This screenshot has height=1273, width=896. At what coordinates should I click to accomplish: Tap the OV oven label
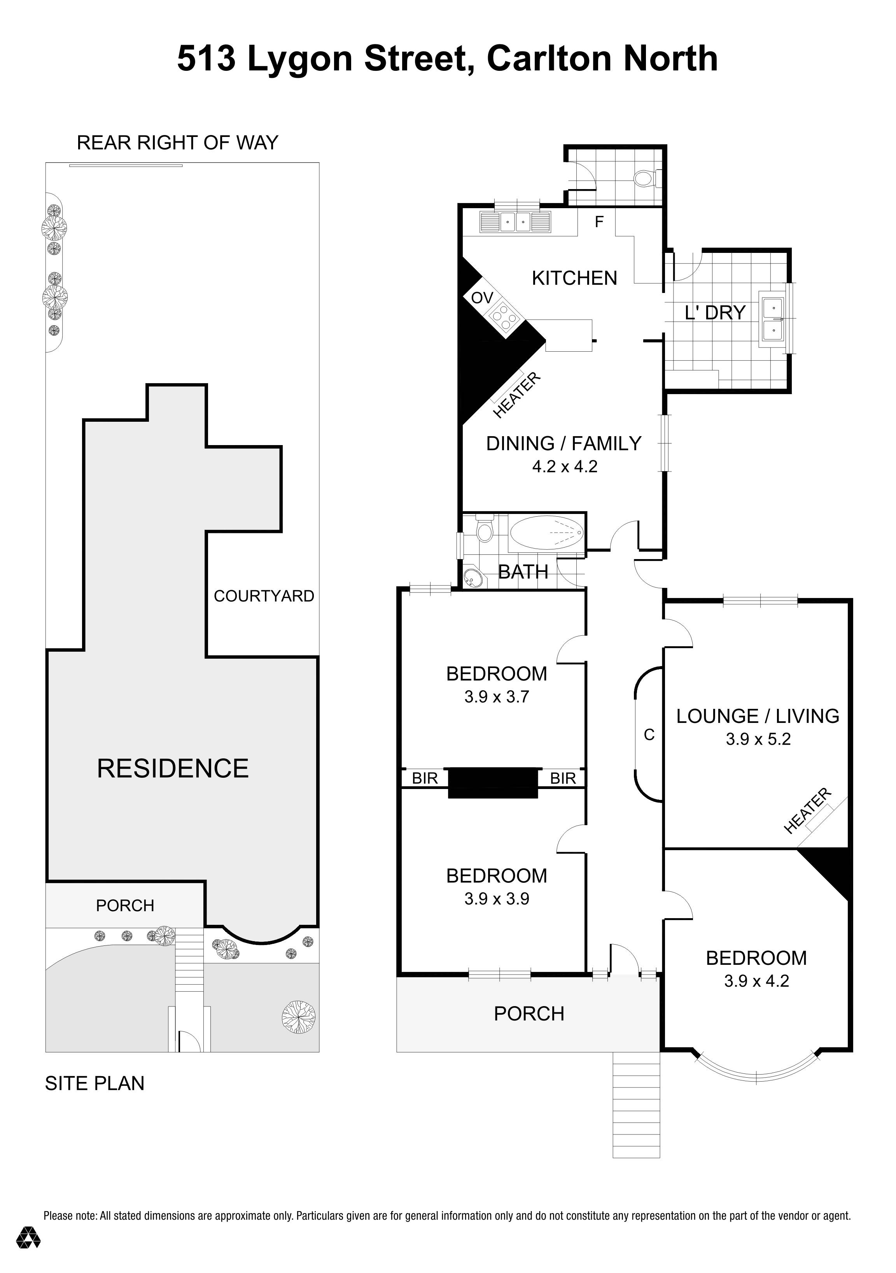click(481, 298)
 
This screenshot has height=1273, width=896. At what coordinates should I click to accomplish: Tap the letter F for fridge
click(599, 222)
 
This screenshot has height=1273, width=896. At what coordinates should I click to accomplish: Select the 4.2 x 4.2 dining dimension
click(564, 466)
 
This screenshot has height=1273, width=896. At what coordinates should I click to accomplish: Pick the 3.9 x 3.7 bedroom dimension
click(497, 696)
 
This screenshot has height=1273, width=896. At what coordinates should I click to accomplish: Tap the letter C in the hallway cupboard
click(649, 735)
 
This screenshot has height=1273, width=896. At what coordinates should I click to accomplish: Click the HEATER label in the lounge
click(807, 810)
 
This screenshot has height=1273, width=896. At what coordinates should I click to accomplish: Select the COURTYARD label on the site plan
click(264, 596)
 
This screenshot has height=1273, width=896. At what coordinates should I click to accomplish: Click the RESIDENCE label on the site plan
click(173, 768)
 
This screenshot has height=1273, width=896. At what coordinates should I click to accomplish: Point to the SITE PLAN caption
click(95, 1084)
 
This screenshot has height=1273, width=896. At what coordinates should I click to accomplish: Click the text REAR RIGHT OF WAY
click(177, 143)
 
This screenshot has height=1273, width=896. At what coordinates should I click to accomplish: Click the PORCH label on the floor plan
click(528, 1013)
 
